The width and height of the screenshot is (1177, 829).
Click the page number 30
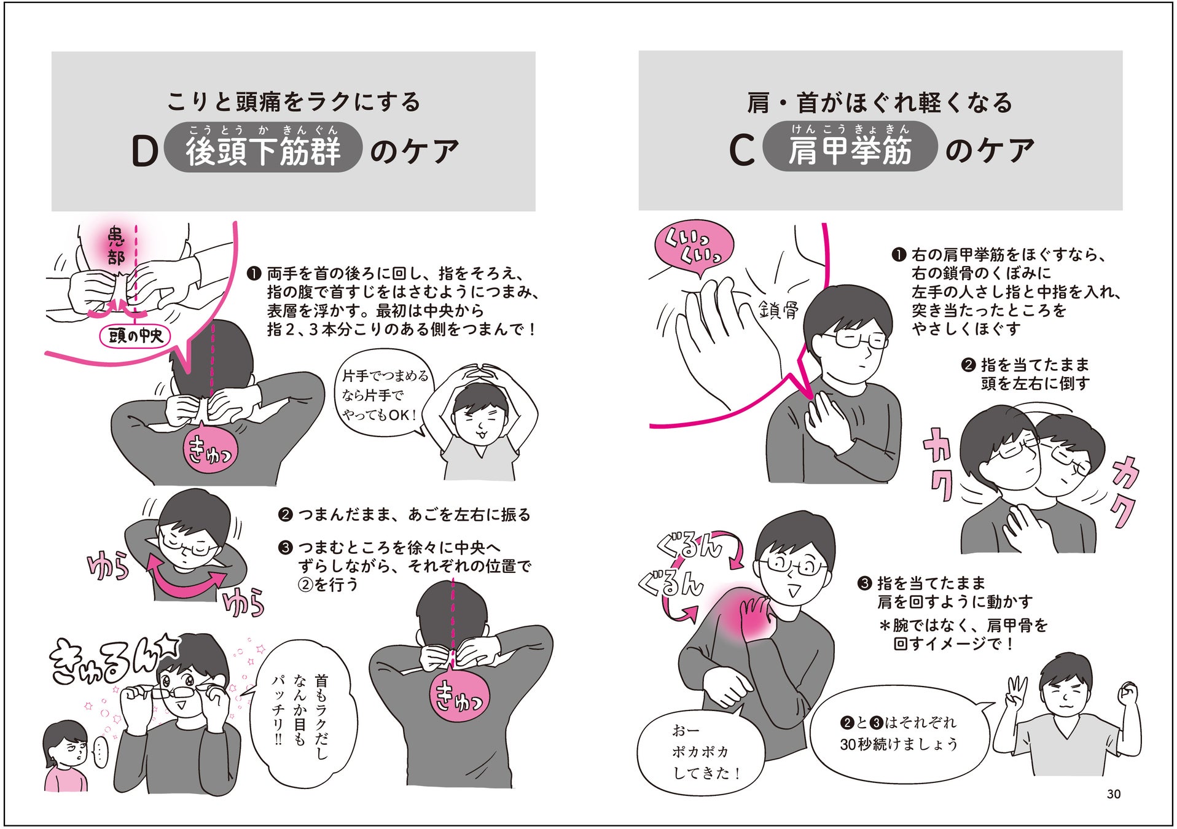coord(1113,794)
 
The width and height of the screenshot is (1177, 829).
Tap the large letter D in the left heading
coord(145,152)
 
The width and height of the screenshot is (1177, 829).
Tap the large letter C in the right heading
coord(741,151)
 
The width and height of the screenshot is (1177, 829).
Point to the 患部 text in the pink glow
coord(116,246)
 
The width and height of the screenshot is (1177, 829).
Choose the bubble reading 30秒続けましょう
coord(899,734)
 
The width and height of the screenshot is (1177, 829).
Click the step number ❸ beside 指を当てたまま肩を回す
coord(864,583)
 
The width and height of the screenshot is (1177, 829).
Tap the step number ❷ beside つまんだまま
coord(284,515)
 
